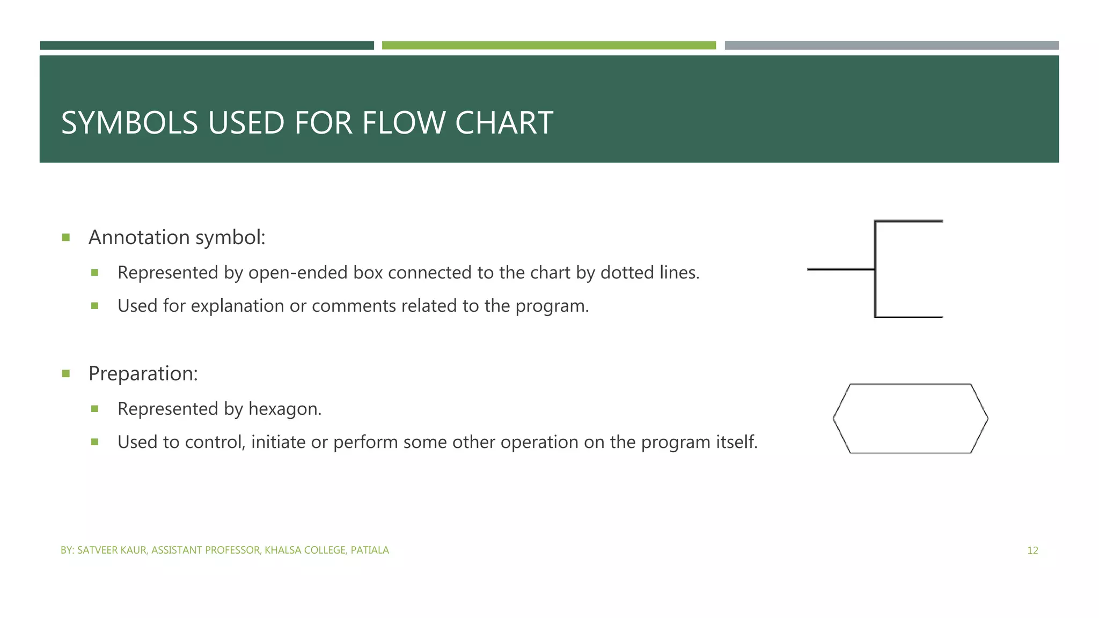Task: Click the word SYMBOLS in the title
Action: [x=129, y=123]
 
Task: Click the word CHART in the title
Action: [x=504, y=123]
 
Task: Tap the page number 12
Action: [x=1032, y=550]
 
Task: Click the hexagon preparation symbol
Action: [x=910, y=418]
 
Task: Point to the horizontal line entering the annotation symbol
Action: [x=840, y=269]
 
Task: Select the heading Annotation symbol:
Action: [x=177, y=237]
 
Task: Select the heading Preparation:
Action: [x=143, y=373]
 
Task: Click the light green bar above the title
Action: [x=548, y=46]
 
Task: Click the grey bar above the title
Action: [x=891, y=46]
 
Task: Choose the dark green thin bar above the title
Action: [x=207, y=46]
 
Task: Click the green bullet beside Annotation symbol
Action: [x=66, y=237]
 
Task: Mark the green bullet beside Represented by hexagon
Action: [x=95, y=409]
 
